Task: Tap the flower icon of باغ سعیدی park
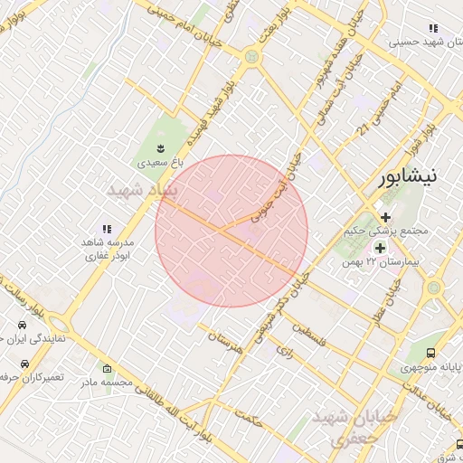[161, 147]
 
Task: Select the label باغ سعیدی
[160, 164]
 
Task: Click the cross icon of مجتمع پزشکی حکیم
[386, 216]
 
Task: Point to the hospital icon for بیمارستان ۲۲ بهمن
[380, 247]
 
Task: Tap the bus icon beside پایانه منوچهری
[430, 353]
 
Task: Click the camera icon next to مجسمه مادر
[108, 368]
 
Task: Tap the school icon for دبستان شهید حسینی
[433, 28]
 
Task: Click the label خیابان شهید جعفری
[354, 428]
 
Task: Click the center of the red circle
[231, 231]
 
